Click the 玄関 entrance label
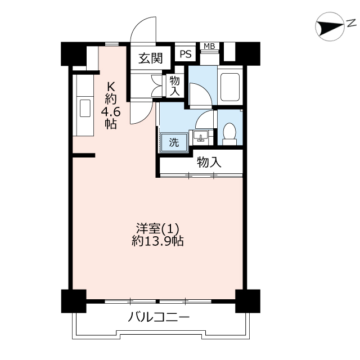click(150, 58)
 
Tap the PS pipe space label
click(185, 55)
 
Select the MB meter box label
click(209, 46)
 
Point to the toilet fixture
click(229, 134)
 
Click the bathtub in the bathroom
click(230, 87)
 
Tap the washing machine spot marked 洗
click(174, 143)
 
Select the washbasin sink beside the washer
click(201, 137)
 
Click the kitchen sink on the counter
click(85, 109)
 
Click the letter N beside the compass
click(352, 23)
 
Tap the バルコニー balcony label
click(159, 317)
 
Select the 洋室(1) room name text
click(157, 229)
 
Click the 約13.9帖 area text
click(157, 241)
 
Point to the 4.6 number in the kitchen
click(111, 112)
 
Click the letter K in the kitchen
click(111, 87)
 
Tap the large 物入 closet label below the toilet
click(209, 162)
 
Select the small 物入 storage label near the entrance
click(175, 86)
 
